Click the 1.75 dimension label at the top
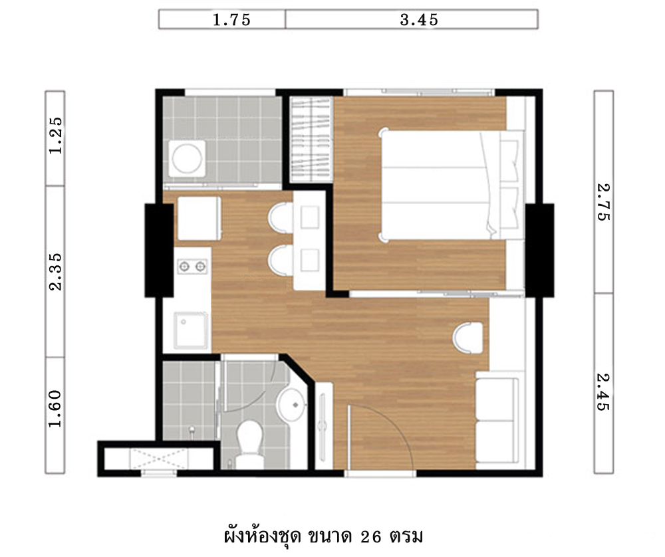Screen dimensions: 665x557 [231, 19]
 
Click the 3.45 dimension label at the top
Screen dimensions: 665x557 [419, 19]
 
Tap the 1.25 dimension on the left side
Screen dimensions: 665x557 [56, 135]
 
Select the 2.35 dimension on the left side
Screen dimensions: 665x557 [56, 272]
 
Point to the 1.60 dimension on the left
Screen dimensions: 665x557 [56, 409]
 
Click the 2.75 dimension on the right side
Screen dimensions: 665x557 [603, 202]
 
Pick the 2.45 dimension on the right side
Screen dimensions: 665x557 [603, 391]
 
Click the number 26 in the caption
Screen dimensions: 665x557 [371, 537]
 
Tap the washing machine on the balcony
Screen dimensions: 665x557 [187, 159]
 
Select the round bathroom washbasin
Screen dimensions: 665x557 [292, 405]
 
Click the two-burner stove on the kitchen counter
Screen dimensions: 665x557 [192, 267]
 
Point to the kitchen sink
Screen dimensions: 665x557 [192, 330]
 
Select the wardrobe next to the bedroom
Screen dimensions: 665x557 [311, 140]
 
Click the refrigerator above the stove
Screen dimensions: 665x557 [199, 218]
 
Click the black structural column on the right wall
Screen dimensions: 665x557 [539, 250]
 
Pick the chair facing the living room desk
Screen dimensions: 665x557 [467, 338]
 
